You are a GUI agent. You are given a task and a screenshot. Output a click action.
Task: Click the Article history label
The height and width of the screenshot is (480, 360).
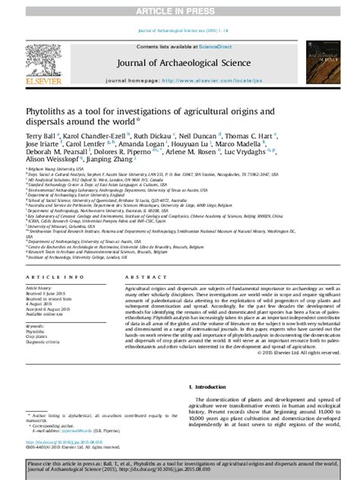coord(39,289)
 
